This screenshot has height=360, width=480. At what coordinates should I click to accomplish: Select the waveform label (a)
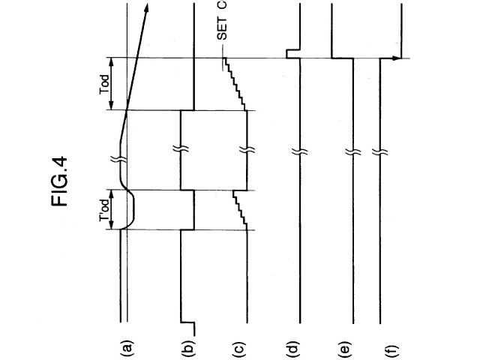pos(127,347)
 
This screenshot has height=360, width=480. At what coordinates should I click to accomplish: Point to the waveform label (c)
pos(239,347)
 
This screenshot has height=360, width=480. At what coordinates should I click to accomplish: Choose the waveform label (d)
pos(294,347)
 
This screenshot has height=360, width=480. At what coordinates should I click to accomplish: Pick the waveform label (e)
pos(345,347)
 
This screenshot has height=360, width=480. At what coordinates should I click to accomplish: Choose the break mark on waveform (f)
pos(381,154)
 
